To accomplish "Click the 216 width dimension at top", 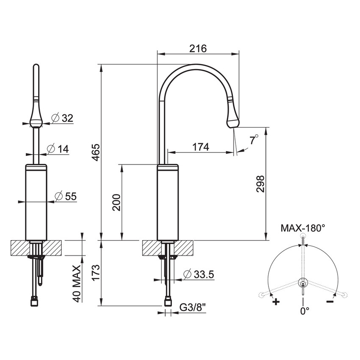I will click(x=198, y=48).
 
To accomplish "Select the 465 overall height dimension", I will click(x=96, y=152).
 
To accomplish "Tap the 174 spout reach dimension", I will click(x=201, y=147).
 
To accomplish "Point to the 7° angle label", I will click(x=253, y=140).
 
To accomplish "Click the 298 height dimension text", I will click(x=260, y=184).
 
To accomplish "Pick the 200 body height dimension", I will click(x=117, y=202).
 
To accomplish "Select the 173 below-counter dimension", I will click(x=96, y=273).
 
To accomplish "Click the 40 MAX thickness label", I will click(x=77, y=284).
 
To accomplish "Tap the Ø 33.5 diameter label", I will click(x=199, y=274).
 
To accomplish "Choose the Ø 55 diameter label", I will click(x=66, y=196).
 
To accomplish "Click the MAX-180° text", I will click(x=303, y=228).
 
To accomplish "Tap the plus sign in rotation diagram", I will click(x=276, y=302).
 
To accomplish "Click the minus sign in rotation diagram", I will click(x=330, y=302).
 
